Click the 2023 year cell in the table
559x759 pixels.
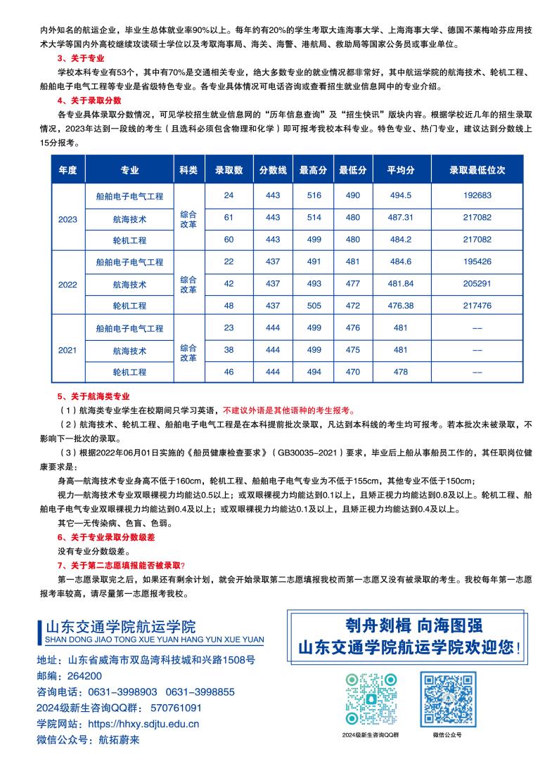(x=68, y=219)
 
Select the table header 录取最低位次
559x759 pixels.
(x=477, y=171)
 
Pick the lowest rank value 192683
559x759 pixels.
(x=477, y=195)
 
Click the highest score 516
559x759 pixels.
(x=313, y=195)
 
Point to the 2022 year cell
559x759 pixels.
(x=68, y=285)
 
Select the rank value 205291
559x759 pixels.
(x=477, y=284)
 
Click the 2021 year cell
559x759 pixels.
(x=68, y=350)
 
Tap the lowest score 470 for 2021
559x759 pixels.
(x=353, y=372)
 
